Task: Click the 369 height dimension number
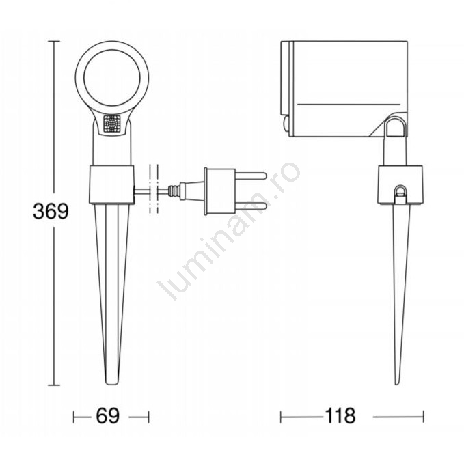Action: click(x=51, y=211)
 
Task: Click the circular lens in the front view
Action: click(x=112, y=77)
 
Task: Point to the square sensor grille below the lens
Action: click(x=112, y=123)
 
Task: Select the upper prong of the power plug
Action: click(x=251, y=176)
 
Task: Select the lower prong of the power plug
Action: click(x=251, y=206)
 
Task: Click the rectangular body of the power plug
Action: click(x=219, y=191)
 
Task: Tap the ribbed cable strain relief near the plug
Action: click(x=174, y=191)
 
